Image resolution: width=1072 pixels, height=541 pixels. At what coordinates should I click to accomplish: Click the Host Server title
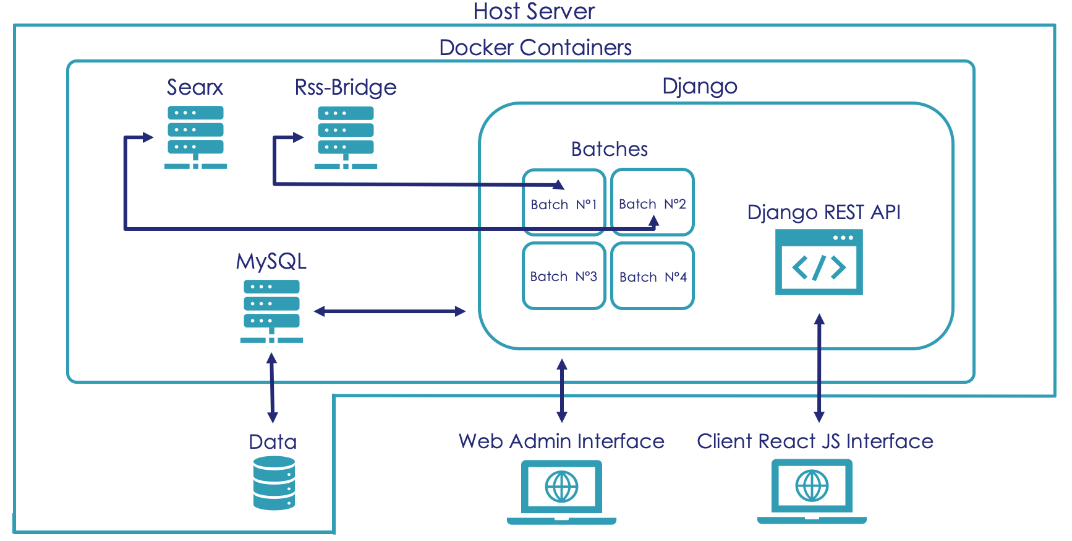534,11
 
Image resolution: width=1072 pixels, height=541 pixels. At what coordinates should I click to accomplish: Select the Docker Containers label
535,48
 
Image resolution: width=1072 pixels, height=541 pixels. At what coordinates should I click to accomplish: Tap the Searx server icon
195,137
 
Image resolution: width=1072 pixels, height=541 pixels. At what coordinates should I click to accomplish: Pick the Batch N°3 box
563,276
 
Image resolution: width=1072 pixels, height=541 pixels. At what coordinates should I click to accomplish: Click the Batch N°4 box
653,276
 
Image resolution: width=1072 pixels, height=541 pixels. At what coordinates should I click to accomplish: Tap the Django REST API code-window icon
819,262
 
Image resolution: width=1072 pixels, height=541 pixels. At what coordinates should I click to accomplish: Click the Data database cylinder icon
274,483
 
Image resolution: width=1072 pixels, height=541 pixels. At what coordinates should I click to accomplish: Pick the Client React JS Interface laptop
812,491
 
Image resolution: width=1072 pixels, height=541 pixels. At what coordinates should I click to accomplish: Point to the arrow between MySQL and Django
389,311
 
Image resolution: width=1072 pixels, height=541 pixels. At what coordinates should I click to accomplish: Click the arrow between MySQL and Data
272,387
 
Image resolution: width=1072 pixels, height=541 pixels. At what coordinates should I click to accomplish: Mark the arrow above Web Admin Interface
562,391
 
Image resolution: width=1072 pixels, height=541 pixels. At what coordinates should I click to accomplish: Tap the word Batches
609,149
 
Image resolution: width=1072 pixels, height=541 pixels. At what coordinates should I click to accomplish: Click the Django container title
699,86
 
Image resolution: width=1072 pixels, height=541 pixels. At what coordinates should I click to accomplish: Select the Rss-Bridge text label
346,87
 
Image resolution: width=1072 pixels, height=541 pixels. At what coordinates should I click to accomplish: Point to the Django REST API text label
823,212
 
